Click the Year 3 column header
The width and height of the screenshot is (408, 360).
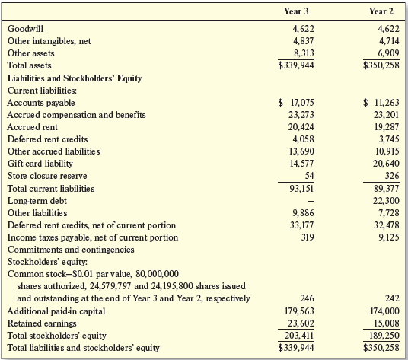(x=296, y=11)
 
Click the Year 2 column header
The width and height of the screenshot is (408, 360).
(x=381, y=11)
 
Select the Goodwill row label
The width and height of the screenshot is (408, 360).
(x=26, y=29)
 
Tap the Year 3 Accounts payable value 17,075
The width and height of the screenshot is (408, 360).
(x=302, y=103)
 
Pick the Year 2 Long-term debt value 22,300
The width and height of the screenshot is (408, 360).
(x=387, y=200)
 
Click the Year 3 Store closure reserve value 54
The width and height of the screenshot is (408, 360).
(x=309, y=176)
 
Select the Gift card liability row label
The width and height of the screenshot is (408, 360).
(x=40, y=164)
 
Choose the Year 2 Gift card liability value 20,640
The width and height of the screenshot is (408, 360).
(x=387, y=164)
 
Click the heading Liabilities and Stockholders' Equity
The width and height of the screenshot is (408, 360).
(x=75, y=78)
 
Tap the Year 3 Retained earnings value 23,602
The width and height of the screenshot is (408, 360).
(x=301, y=323)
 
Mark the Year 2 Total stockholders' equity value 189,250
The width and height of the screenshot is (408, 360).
(x=384, y=336)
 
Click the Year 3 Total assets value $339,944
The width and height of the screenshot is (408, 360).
(x=296, y=65)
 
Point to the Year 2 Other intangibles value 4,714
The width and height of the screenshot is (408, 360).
(x=389, y=41)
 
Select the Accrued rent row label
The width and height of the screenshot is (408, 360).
(x=33, y=127)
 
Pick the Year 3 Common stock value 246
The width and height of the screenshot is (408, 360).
(x=308, y=298)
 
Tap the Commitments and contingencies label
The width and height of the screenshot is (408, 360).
(x=71, y=250)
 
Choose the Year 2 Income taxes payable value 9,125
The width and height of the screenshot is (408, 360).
(x=389, y=237)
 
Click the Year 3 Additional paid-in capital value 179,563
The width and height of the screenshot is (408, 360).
(x=299, y=311)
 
